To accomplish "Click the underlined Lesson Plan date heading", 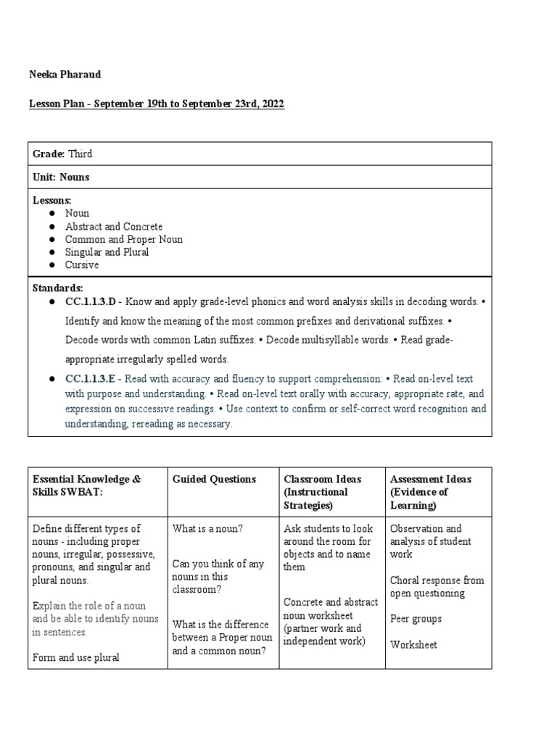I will (x=157, y=104).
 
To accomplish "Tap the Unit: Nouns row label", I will (x=61, y=177).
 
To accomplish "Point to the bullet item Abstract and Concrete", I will (x=114, y=226).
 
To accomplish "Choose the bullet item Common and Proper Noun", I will (x=124, y=239).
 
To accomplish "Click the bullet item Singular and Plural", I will (x=107, y=252).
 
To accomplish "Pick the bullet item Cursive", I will (x=82, y=265).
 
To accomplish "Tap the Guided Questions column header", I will (x=214, y=479).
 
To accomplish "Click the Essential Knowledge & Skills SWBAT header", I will (x=87, y=485).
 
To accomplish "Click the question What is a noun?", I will (x=207, y=528).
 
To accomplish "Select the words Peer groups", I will (x=416, y=619).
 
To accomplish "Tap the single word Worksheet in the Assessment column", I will (x=413, y=644).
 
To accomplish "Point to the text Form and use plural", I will (x=76, y=658).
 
